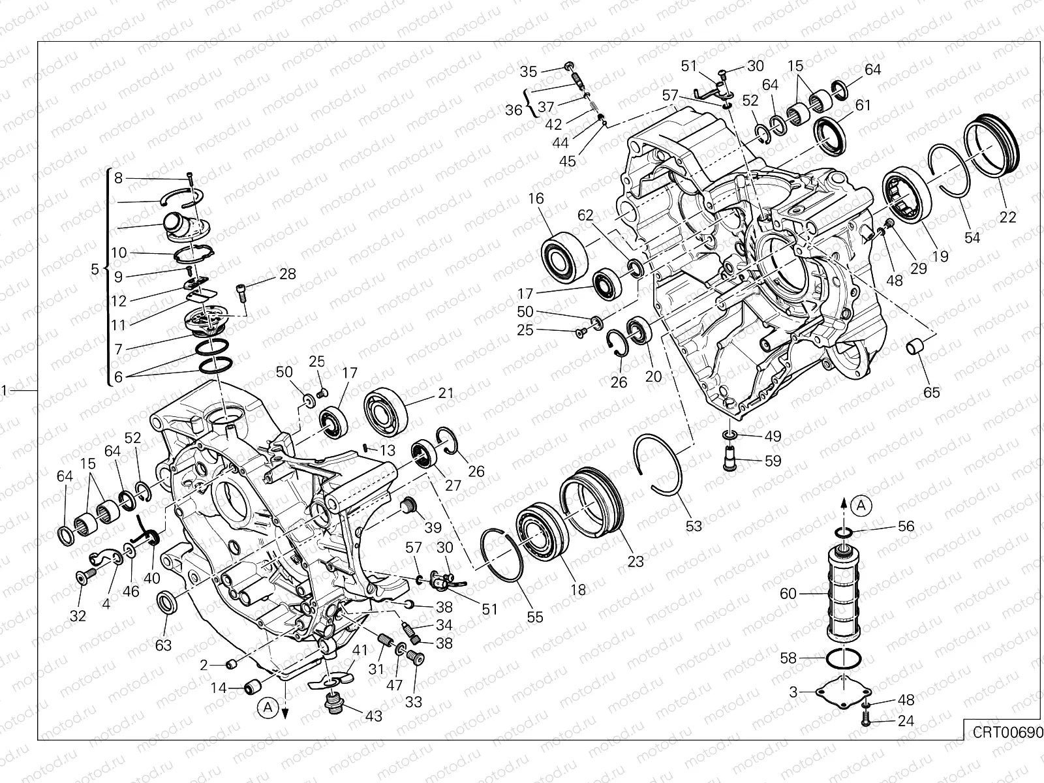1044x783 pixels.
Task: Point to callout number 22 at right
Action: coord(1007,217)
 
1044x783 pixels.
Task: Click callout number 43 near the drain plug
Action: coord(373,716)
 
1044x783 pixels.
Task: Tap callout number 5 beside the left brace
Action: coord(95,269)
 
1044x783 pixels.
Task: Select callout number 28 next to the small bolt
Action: coord(288,274)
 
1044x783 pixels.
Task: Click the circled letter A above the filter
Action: coord(862,504)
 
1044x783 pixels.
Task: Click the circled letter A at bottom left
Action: coord(266,705)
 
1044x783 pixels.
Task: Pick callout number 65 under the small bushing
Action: coord(931,392)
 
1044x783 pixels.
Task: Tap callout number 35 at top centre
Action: coord(529,71)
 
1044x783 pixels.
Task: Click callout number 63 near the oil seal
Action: coord(163,645)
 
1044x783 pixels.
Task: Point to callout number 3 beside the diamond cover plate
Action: coord(793,692)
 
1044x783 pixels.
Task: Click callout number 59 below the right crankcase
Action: coord(773,461)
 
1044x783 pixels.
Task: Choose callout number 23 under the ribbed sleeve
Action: coord(636,561)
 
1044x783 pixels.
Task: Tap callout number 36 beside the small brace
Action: coord(514,110)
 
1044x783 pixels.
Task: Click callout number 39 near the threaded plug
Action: coord(433,527)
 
